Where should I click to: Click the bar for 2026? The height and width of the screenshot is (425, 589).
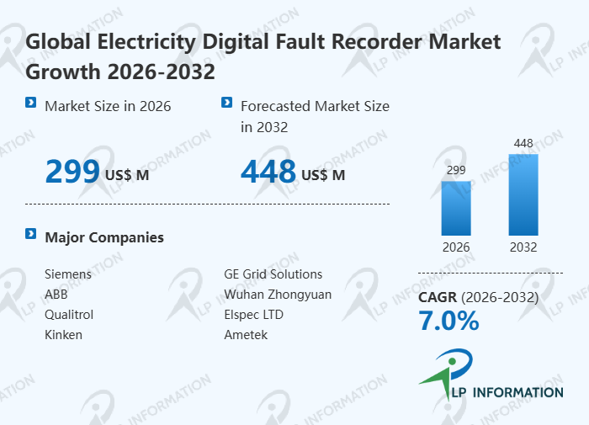point(456,208)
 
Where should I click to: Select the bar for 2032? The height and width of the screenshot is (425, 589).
point(523,194)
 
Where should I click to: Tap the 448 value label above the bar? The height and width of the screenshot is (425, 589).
point(523,144)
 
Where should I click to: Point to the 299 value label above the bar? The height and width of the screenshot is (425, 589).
point(456,171)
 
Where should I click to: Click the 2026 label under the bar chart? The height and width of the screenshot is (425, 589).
point(456,247)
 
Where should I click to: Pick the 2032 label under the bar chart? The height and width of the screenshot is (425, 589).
point(523,247)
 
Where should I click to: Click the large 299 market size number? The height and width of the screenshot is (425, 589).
point(72,172)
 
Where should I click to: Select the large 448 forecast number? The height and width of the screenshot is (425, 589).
point(268,172)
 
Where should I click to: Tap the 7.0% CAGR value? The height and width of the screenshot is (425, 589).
point(448,321)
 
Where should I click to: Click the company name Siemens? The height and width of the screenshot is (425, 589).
point(68,274)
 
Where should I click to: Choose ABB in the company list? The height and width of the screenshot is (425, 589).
point(56,295)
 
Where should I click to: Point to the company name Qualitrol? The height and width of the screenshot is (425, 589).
point(69,315)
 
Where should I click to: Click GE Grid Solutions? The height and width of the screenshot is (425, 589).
point(273,274)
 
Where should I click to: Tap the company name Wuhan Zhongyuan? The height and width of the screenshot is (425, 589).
point(278,295)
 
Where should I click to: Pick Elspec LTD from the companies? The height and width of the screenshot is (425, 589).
point(254,315)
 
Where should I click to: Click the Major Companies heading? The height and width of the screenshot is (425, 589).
point(104,237)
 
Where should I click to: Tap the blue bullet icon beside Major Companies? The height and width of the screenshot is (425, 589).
point(31,234)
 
